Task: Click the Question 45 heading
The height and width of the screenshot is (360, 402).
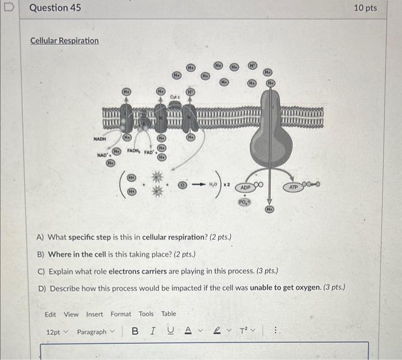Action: tap(55, 8)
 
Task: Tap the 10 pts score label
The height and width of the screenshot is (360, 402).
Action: tap(365, 8)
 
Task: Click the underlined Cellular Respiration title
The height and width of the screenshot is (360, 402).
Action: tap(64, 41)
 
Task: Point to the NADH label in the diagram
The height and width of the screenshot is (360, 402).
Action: tap(100, 138)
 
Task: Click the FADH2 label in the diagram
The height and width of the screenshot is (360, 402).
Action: tap(134, 151)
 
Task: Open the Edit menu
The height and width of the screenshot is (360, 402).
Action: tap(51, 314)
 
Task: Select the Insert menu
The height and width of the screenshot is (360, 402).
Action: tap(95, 314)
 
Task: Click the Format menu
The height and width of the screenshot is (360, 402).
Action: tap(121, 314)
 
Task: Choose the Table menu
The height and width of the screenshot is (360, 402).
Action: tap(168, 314)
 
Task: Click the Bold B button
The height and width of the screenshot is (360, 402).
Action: tap(135, 332)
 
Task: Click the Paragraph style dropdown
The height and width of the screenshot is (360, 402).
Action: tap(95, 332)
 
